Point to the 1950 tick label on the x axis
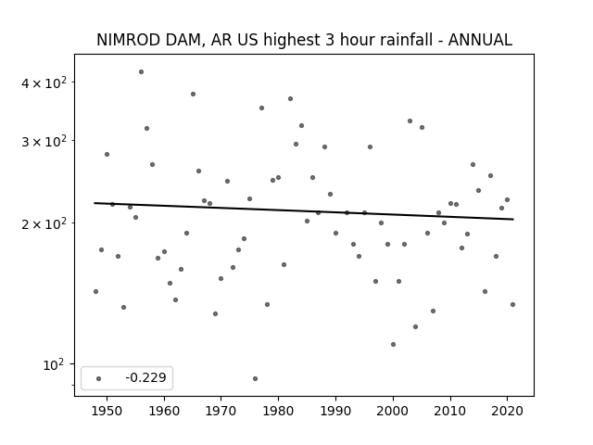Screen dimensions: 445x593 [107, 411]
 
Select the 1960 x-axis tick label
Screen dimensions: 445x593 [164, 411]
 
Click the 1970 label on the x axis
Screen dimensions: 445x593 [221, 411]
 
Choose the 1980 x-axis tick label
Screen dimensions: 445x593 [278, 411]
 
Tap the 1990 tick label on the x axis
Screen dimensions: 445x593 [335, 411]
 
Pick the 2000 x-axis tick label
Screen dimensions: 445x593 [393, 411]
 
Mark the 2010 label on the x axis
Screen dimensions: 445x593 [450, 411]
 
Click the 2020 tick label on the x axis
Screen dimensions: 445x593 [508, 411]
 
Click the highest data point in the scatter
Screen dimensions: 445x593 [141, 71]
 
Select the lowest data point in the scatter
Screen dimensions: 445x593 [255, 378]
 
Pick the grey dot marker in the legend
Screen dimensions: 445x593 [98, 378]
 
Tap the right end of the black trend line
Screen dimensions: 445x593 [512, 220]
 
